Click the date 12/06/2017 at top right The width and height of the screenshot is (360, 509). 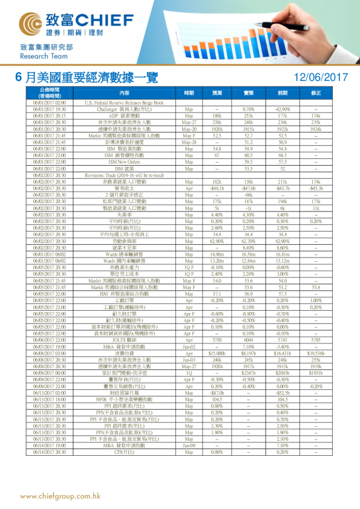(x=320, y=77)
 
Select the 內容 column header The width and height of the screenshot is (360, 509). (x=125, y=92)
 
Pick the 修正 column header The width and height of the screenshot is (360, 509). (x=316, y=92)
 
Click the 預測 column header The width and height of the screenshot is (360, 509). (x=217, y=92)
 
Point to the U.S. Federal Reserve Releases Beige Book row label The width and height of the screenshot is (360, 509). (x=125, y=103)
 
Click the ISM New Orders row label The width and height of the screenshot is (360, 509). (x=125, y=162)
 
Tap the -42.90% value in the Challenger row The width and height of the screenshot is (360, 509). (x=283, y=108)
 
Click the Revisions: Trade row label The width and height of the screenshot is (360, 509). (x=125, y=175)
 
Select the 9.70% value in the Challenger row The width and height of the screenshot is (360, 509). (x=249, y=108)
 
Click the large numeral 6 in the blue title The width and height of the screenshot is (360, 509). (x=20, y=77)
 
